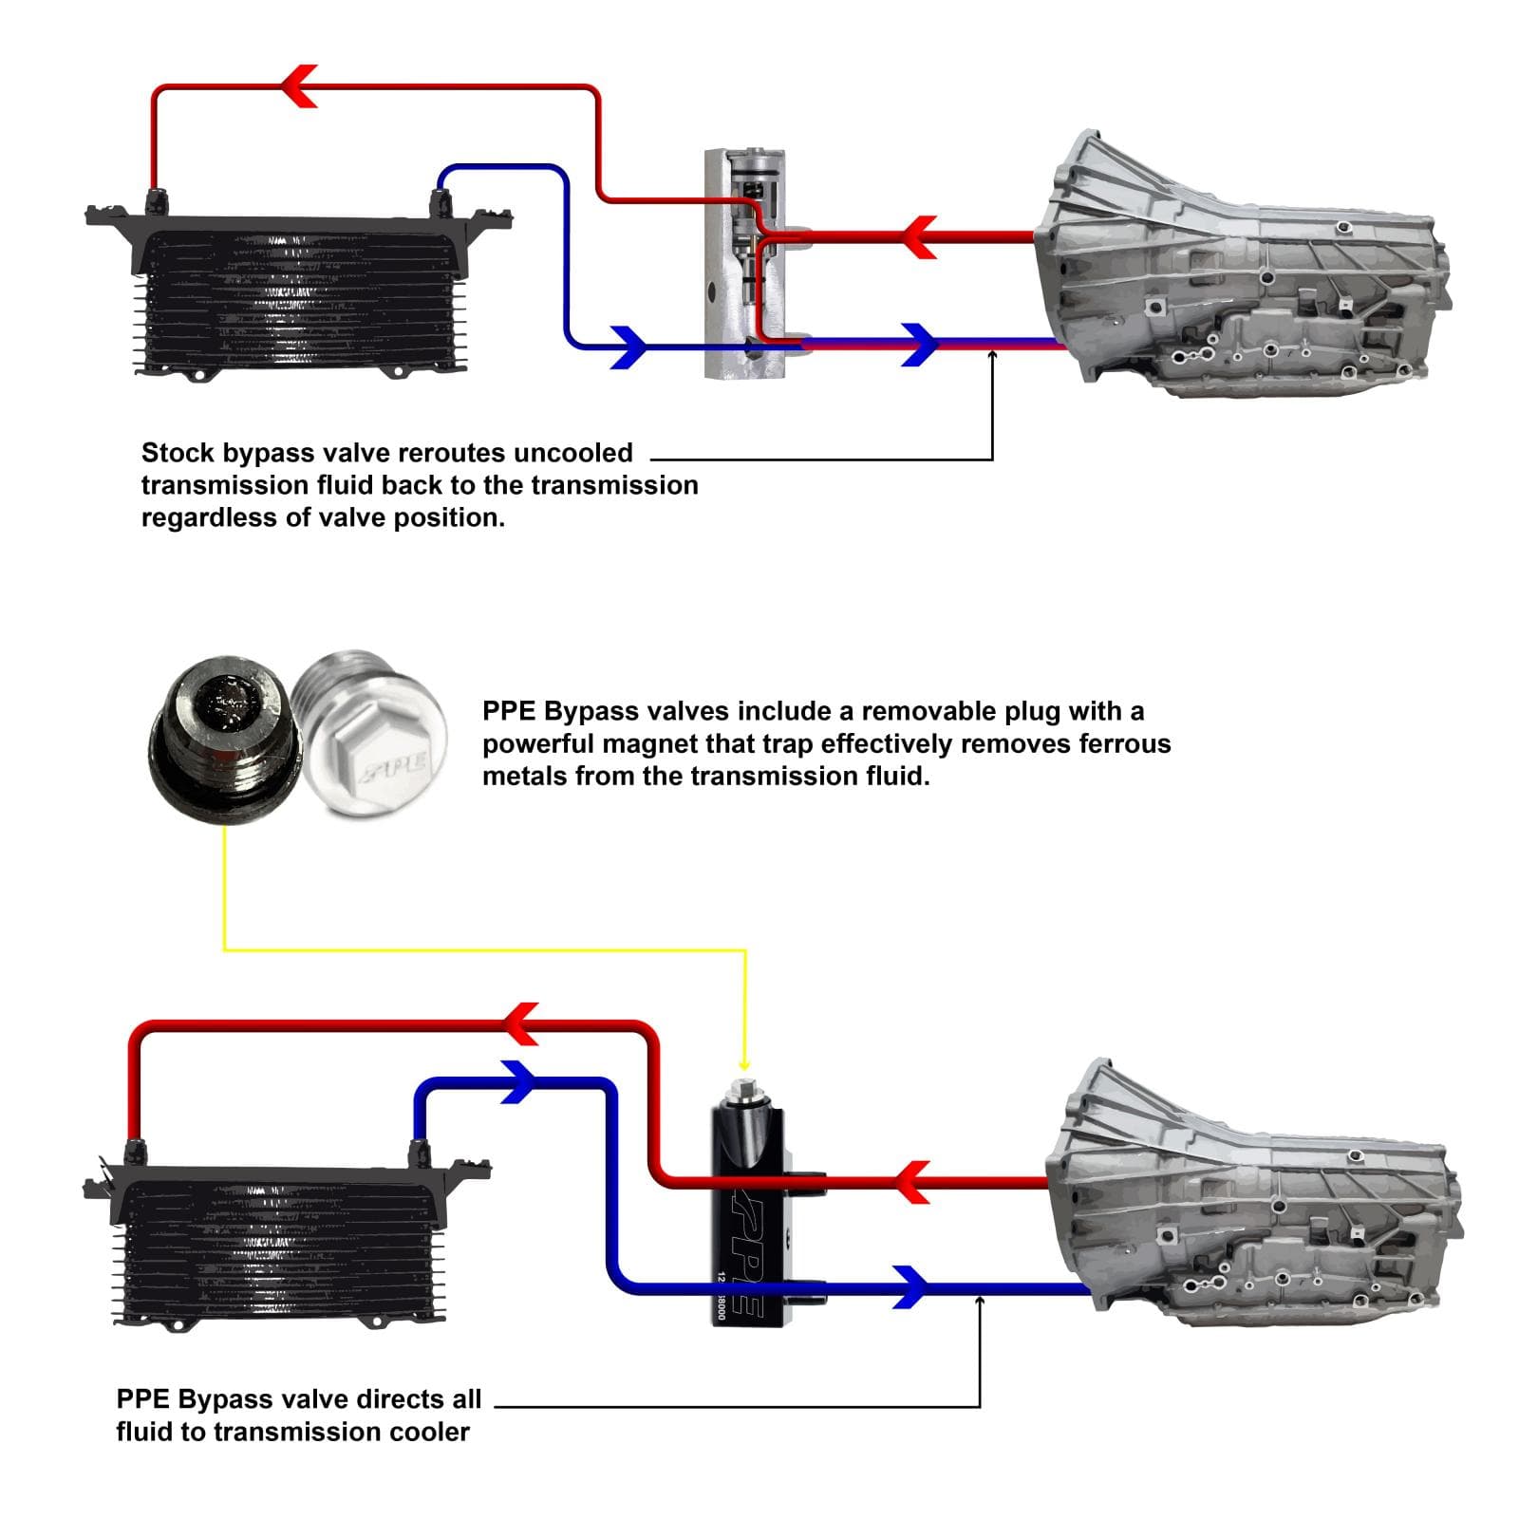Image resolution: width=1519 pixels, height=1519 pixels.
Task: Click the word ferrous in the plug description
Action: [x=1124, y=743]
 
